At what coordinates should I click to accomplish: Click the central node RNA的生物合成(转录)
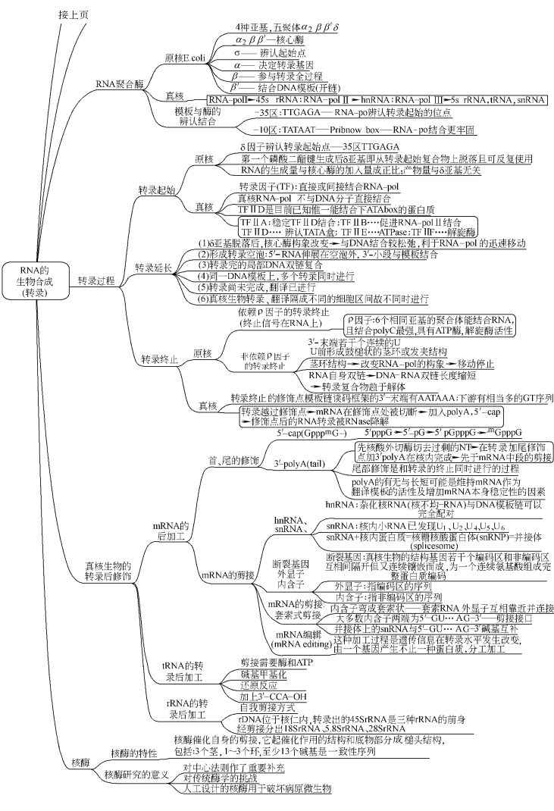pos(34,281)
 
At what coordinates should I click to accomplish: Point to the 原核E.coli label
pos(186,57)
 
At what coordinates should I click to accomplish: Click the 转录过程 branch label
pos(96,281)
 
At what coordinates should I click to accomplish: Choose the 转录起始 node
pos(155,189)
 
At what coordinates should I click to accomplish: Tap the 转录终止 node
pos(158,359)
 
